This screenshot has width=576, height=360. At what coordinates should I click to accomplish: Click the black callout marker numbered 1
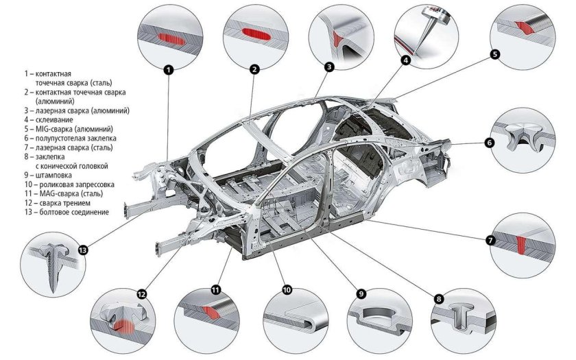coord(168,69)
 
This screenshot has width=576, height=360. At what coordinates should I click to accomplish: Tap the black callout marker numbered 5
coord(495,54)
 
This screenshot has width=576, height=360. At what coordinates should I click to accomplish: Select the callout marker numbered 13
coord(84,250)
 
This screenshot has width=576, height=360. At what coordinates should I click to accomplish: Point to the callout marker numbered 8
coord(439,299)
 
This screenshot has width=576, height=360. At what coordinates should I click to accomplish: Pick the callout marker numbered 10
coord(287,290)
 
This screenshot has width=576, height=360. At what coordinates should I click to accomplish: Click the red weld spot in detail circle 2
coord(256,34)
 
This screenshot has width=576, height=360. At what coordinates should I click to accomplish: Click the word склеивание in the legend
coord(54,120)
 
